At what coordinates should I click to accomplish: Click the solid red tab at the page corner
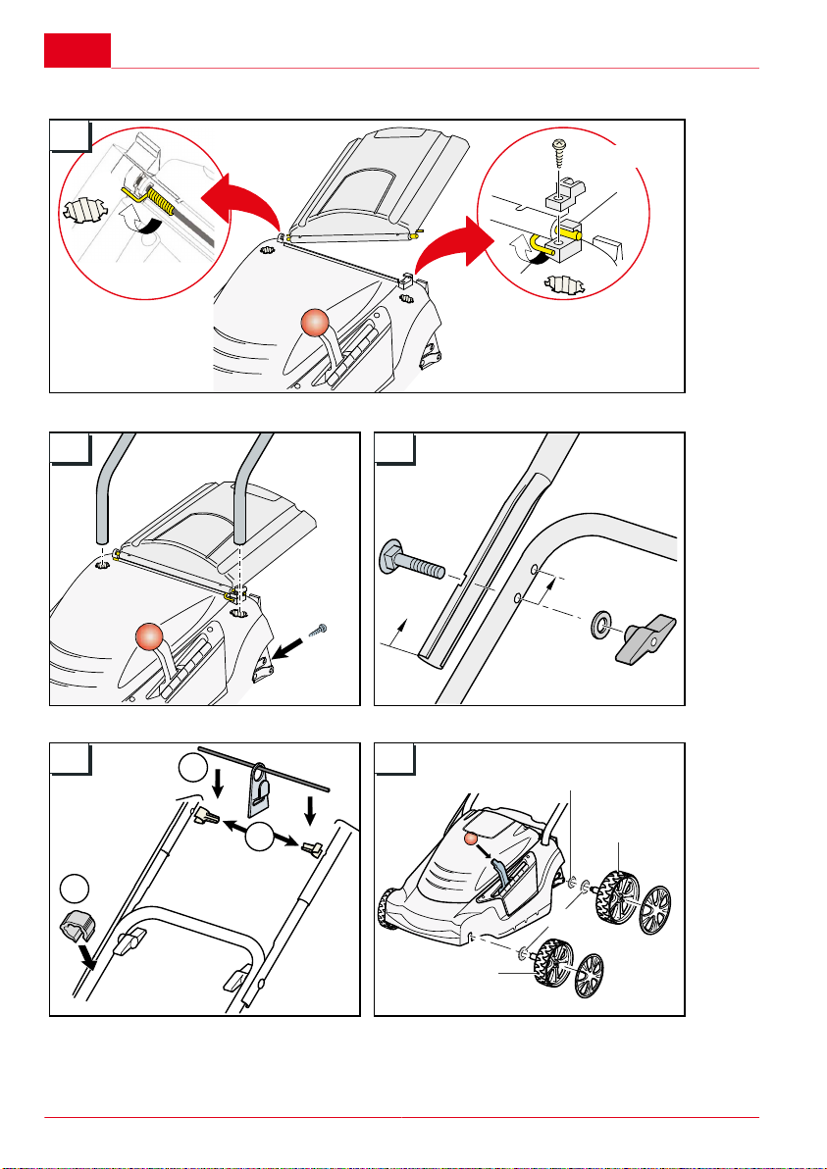tap(77, 50)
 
